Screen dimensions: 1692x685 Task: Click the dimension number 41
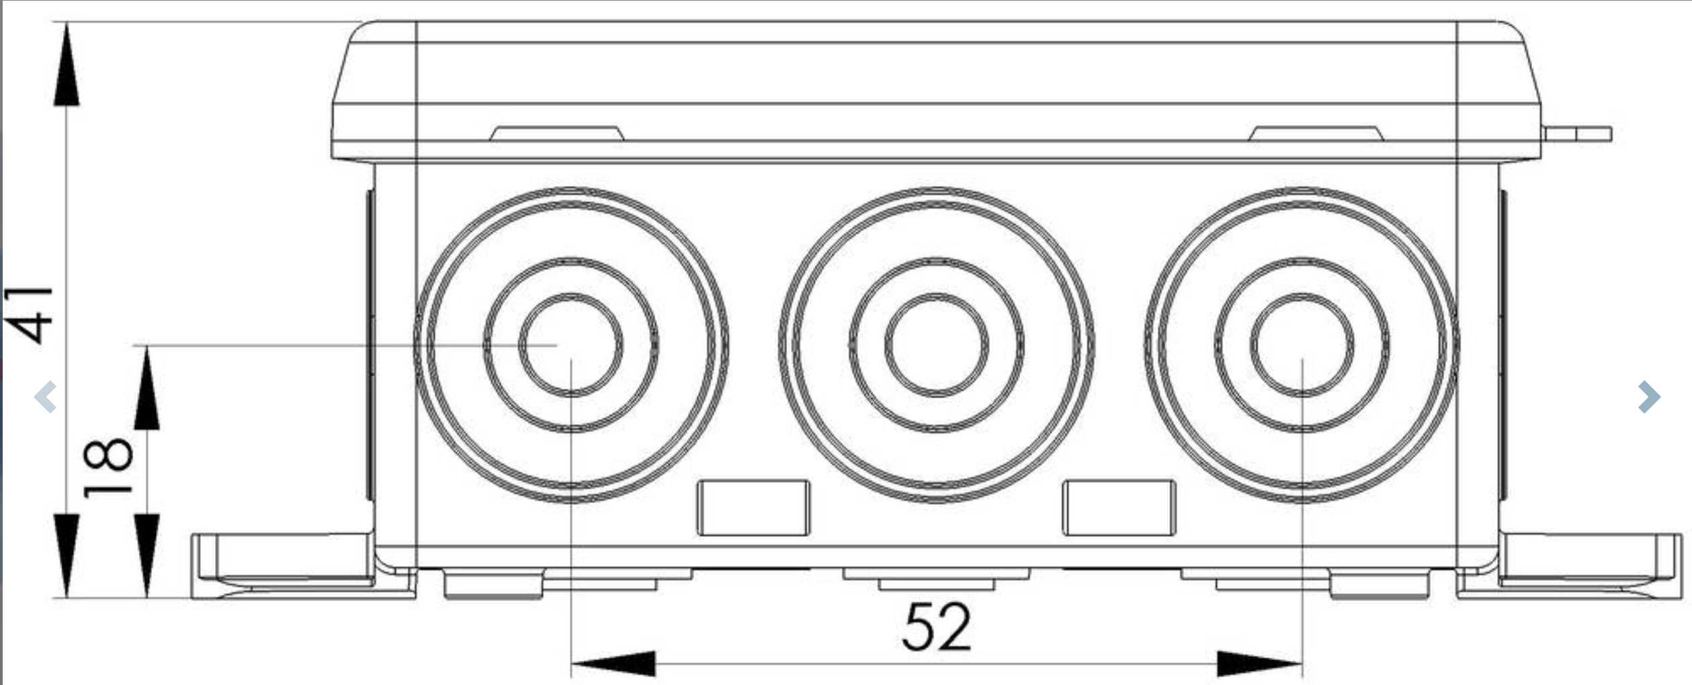28,314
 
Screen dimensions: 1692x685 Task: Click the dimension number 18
108,467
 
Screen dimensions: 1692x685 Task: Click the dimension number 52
936,627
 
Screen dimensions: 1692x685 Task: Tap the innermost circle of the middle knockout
936,295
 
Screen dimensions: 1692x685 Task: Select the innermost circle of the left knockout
570,295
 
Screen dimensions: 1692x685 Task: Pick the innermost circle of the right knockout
1302,295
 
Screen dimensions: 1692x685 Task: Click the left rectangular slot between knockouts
753,508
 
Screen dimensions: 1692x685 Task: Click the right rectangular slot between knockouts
1119,508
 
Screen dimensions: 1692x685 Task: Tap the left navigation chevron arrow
45,396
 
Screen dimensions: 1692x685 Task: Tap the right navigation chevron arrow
1649,396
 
